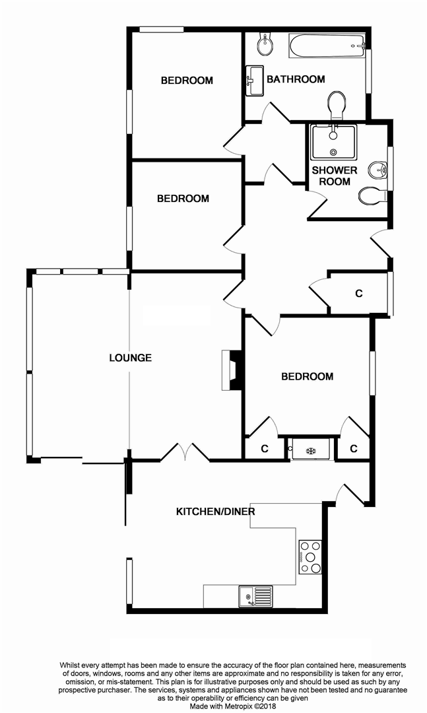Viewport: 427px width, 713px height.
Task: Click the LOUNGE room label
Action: coord(130,358)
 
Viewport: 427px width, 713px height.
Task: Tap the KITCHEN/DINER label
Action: coord(215,512)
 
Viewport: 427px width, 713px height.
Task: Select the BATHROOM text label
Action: coord(296,79)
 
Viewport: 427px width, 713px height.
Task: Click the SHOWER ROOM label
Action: coord(335,176)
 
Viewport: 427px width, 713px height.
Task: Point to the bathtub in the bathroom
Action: coord(326,46)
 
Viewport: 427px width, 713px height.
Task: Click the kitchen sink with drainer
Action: coord(255,596)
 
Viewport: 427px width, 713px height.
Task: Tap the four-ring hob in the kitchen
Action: coord(310,557)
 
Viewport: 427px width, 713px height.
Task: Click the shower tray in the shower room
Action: coord(333,141)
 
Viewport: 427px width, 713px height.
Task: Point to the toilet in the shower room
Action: coord(372,195)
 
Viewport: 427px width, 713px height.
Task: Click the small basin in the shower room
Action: coord(379,170)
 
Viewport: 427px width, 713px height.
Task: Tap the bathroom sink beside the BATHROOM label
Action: coord(254,82)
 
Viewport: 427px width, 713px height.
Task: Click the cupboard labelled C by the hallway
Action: coord(358,293)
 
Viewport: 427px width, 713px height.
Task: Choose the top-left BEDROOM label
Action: coord(187,81)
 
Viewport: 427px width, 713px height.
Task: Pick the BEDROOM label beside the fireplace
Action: coord(307,376)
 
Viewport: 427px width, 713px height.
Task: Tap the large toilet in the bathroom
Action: coord(337,105)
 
